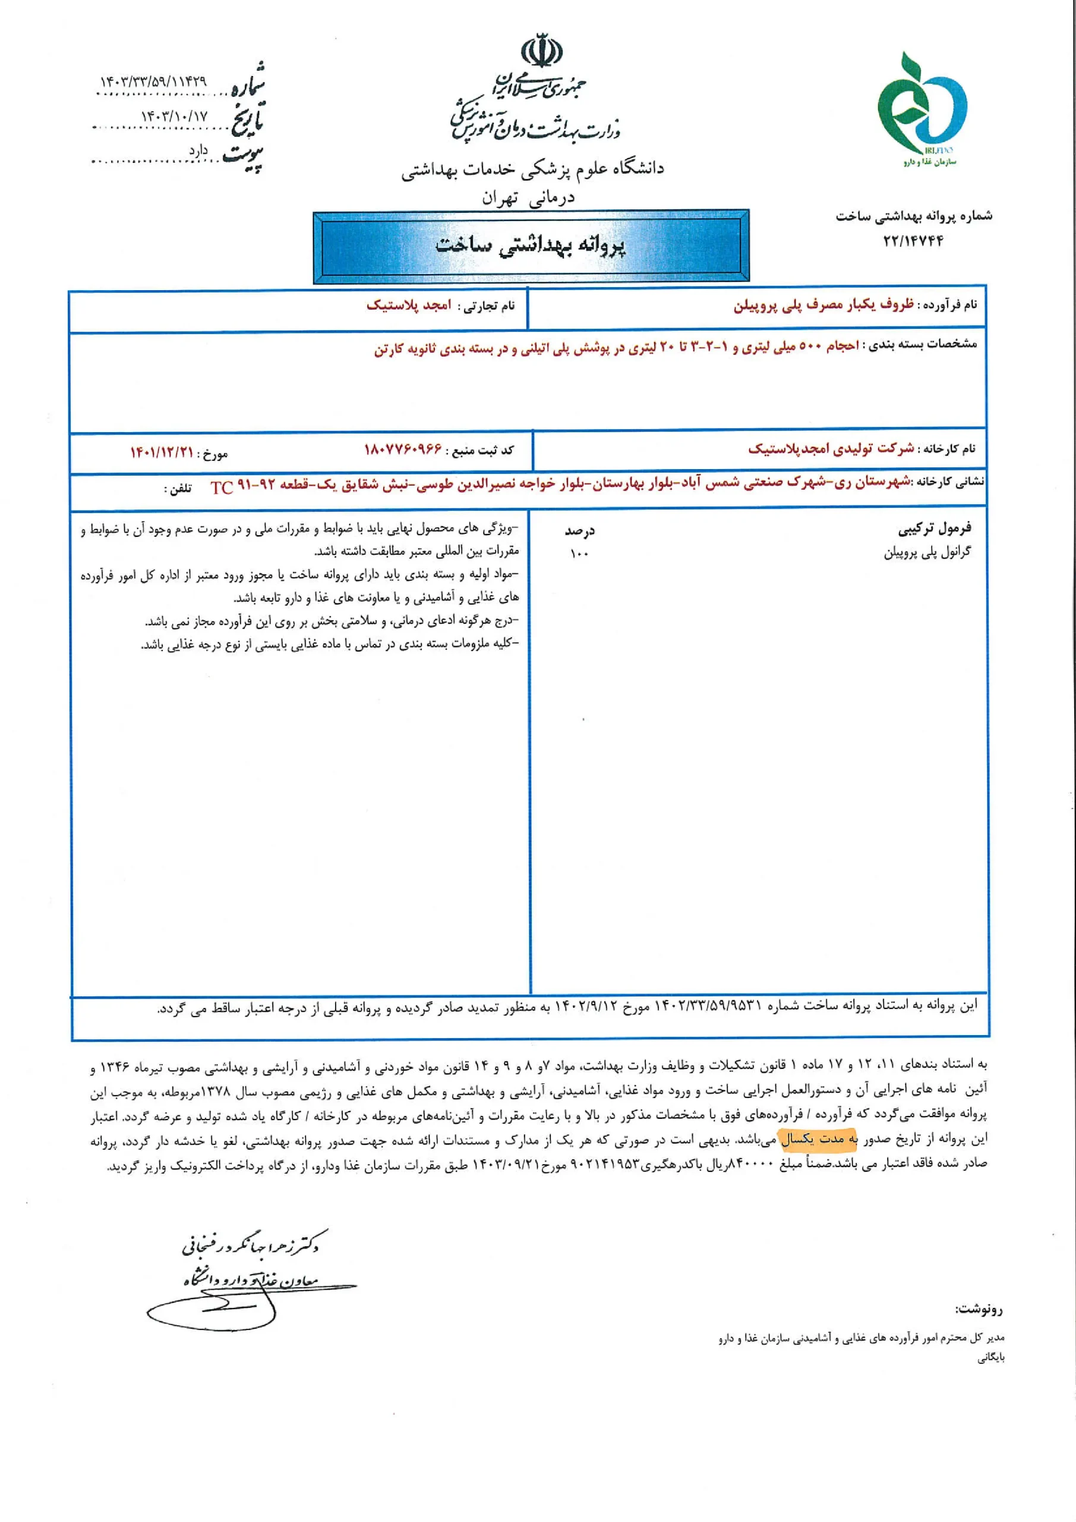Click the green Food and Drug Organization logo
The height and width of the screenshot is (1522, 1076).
click(922, 106)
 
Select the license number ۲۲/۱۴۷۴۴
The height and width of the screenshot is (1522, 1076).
click(913, 241)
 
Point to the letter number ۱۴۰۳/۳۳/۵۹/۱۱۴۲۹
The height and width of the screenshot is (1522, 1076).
click(153, 82)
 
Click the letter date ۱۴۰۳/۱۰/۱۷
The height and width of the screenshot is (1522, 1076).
click(174, 117)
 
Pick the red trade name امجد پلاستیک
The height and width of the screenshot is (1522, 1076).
click(409, 306)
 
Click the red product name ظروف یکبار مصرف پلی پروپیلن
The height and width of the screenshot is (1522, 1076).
click(823, 305)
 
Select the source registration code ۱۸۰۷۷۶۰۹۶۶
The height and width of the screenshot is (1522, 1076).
click(403, 450)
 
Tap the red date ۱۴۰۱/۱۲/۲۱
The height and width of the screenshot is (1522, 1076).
click(162, 453)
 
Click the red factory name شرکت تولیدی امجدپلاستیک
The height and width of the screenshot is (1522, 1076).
click(831, 449)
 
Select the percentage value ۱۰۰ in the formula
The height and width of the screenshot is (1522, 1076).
click(579, 554)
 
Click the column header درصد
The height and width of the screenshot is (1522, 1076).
click(579, 531)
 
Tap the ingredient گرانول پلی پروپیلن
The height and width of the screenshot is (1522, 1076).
click(927, 552)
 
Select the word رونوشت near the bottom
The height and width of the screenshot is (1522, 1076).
click(978, 1309)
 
